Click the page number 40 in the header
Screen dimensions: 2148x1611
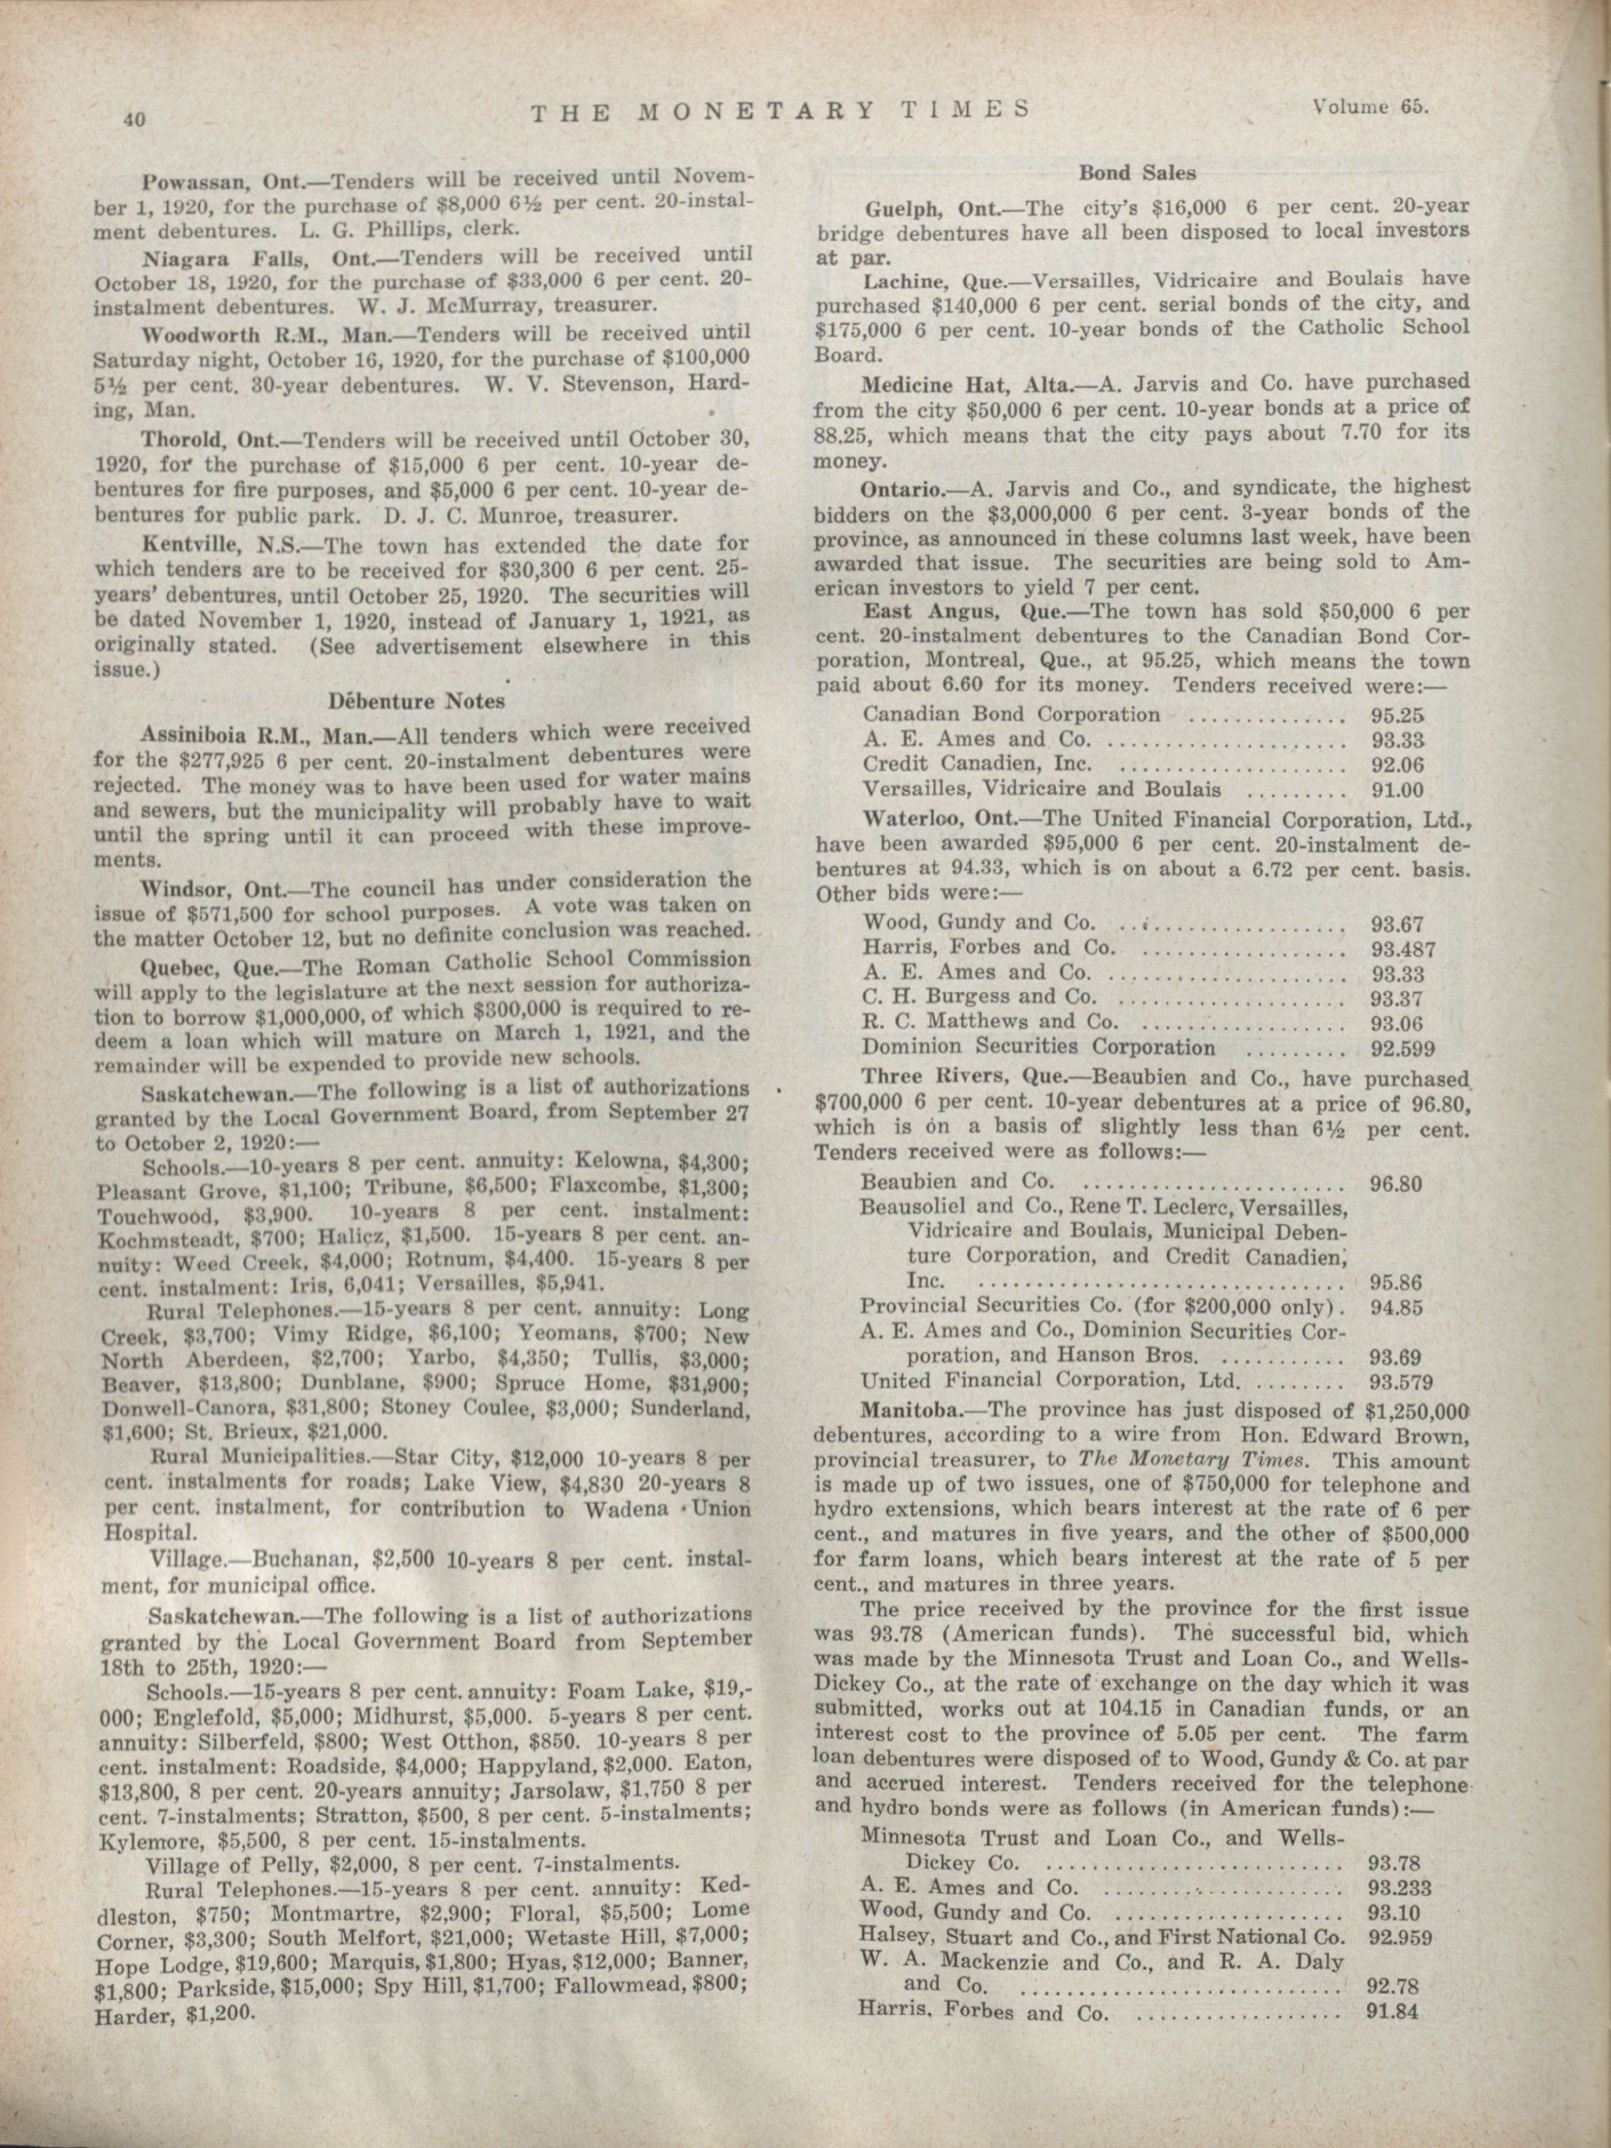[133, 119]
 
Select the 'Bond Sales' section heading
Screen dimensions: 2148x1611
[1138, 173]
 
